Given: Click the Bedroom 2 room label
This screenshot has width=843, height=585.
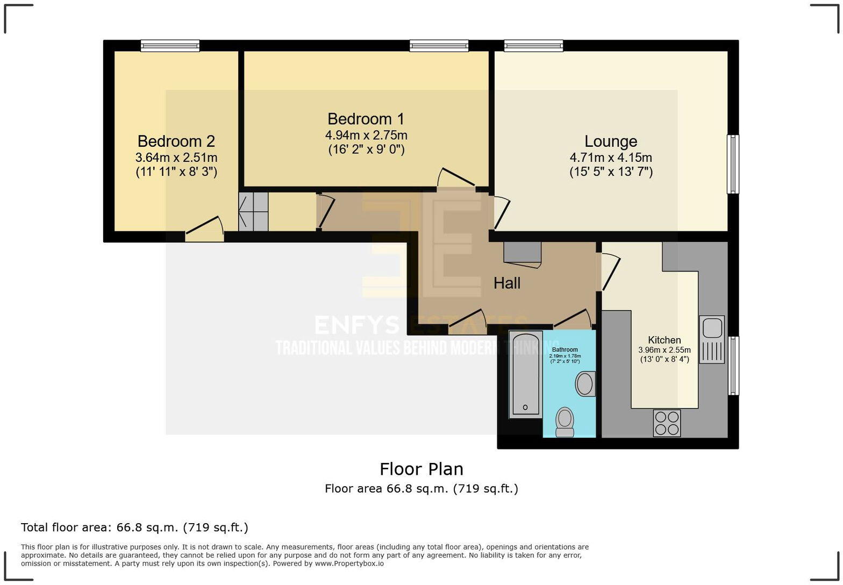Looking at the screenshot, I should [x=176, y=141].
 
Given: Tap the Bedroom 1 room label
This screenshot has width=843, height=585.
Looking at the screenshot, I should [x=366, y=119].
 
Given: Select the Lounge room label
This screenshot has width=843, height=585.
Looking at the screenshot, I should [x=611, y=141].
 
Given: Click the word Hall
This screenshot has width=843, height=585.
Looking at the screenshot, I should [x=506, y=283].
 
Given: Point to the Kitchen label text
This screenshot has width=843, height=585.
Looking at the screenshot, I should [x=665, y=340].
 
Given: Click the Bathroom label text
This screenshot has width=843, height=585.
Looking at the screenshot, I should [x=565, y=349].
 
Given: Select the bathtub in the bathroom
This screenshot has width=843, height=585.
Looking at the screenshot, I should [x=526, y=374].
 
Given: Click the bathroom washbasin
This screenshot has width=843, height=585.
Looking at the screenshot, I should [x=585, y=384].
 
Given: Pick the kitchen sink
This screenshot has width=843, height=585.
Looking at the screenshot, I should [x=712, y=339].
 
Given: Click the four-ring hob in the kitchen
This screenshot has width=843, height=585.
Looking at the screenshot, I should [x=667, y=423].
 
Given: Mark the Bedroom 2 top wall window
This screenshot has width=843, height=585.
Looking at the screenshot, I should [x=170, y=46].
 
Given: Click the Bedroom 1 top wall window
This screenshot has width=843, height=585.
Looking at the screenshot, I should [x=439, y=46].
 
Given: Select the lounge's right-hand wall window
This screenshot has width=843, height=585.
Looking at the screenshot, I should [x=733, y=164].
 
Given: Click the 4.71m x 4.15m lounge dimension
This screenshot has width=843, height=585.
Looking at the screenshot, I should [x=611, y=158].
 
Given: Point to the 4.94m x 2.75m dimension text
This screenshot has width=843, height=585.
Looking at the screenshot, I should [x=366, y=135].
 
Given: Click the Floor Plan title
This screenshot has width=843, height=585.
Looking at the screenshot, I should [x=421, y=469].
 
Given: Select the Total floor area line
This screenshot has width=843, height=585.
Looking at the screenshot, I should [x=134, y=527].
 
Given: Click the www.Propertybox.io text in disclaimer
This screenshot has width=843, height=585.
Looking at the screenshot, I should [x=349, y=563].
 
